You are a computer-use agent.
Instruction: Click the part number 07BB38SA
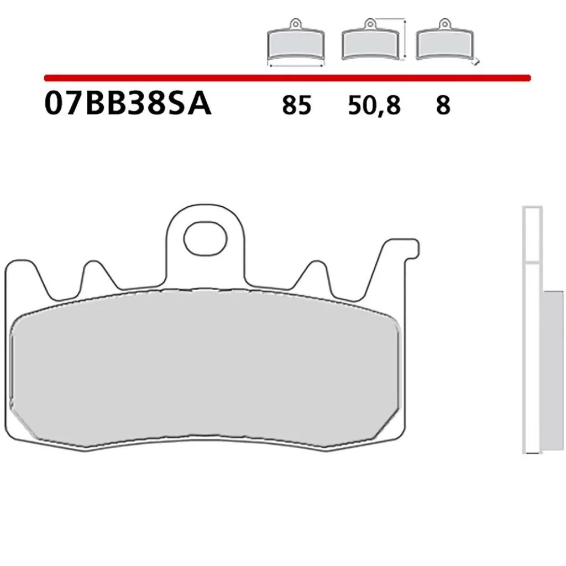point(128,104)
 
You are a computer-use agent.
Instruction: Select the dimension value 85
point(297,105)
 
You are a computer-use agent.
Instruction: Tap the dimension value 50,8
point(374,105)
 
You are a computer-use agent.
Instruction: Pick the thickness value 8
point(443,105)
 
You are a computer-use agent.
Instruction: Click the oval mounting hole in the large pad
point(206,238)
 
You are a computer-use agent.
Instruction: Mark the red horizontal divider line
point(287,77)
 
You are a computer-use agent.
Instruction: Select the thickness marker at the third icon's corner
point(476,62)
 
